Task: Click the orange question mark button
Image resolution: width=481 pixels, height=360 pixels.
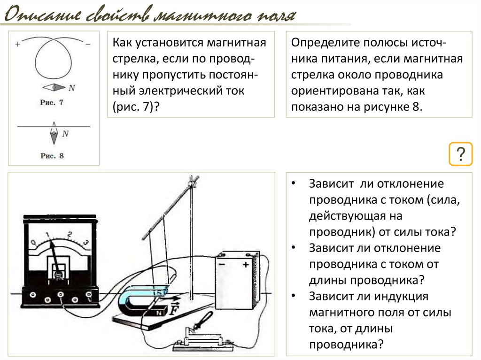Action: (460, 153)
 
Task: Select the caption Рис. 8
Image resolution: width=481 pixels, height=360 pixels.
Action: (52, 156)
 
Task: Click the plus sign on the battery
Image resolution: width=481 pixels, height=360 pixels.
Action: (245, 265)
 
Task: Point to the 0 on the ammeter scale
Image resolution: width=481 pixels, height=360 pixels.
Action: (33, 243)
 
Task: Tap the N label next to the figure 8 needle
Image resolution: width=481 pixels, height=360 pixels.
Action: (65, 134)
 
